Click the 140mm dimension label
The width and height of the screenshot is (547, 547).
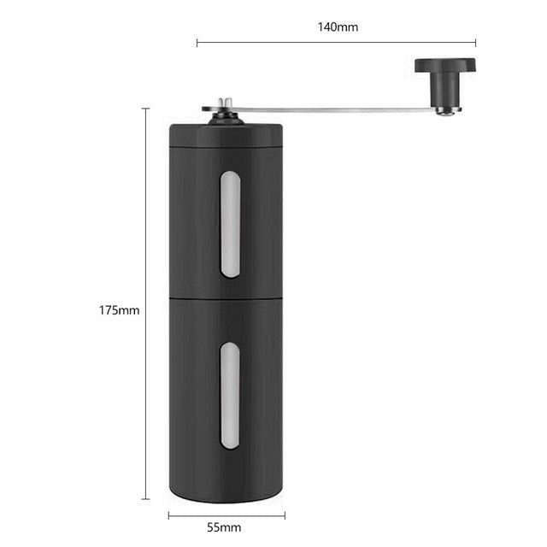[338, 26]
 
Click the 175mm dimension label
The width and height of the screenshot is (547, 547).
[119, 309]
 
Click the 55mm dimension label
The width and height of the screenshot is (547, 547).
[226, 527]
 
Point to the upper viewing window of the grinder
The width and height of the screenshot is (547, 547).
[230, 224]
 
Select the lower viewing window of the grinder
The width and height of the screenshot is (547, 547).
[230, 396]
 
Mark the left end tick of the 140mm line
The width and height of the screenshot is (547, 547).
[197, 41]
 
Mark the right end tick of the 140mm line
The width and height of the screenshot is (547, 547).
[476, 41]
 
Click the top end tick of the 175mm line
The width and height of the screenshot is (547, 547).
[145, 109]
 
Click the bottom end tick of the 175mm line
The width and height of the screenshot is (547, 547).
[145, 498]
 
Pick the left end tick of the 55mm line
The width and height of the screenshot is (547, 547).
[168, 515]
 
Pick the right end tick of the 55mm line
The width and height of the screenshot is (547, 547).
[285, 515]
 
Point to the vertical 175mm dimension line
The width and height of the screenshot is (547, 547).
[145, 214]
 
